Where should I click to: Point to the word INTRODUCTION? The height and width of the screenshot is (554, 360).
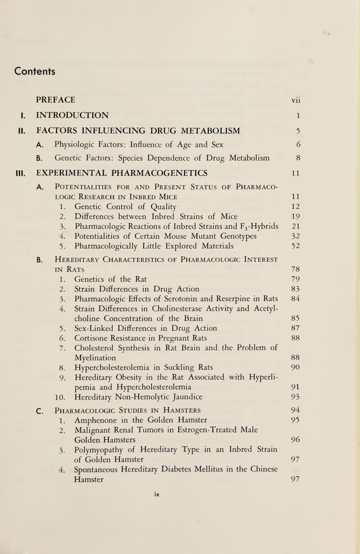point(75,115)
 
